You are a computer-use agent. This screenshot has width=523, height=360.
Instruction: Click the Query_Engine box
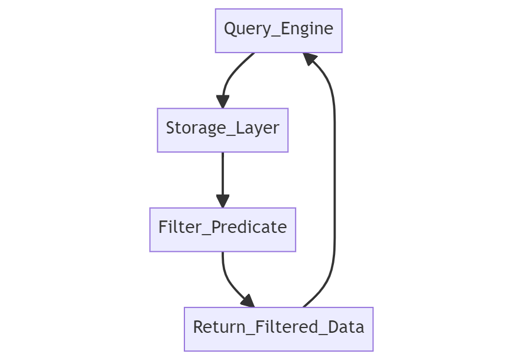click(x=278, y=31)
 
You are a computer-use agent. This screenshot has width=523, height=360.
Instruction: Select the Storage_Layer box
click(x=222, y=130)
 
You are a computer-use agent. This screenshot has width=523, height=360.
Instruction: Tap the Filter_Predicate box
click(x=222, y=229)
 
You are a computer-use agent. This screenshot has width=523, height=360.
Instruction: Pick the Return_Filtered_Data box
click(x=278, y=329)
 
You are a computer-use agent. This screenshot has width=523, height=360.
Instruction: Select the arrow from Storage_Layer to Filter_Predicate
click(x=222, y=180)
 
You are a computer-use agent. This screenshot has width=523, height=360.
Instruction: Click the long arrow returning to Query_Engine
click(x=334, y=180)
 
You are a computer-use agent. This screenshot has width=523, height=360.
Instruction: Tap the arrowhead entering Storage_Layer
click(x=222, y=102)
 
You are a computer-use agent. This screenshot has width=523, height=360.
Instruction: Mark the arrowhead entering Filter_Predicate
click(x=222, y=201)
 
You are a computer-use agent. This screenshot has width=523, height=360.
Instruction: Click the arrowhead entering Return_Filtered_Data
click(x=248, y=301)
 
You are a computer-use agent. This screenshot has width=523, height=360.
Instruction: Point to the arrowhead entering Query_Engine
click(x=309, y=59)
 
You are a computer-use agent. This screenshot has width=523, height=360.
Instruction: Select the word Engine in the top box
click(x=307, y=29)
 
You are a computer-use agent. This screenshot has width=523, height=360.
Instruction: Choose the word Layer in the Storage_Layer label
click(x=258, y=128)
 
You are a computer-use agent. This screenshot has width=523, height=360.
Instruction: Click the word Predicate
click(x=249, y=227)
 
